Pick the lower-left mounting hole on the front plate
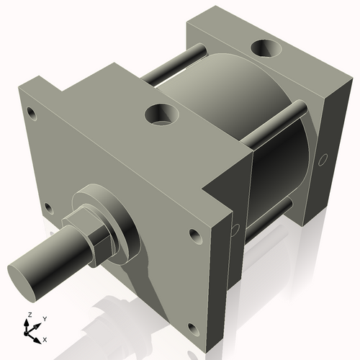pyautogui.click(x=48, y=208)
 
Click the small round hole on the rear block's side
pyautogui.click(x=323, y=158)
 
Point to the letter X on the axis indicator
pyautogui.click(x=45, y=338)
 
